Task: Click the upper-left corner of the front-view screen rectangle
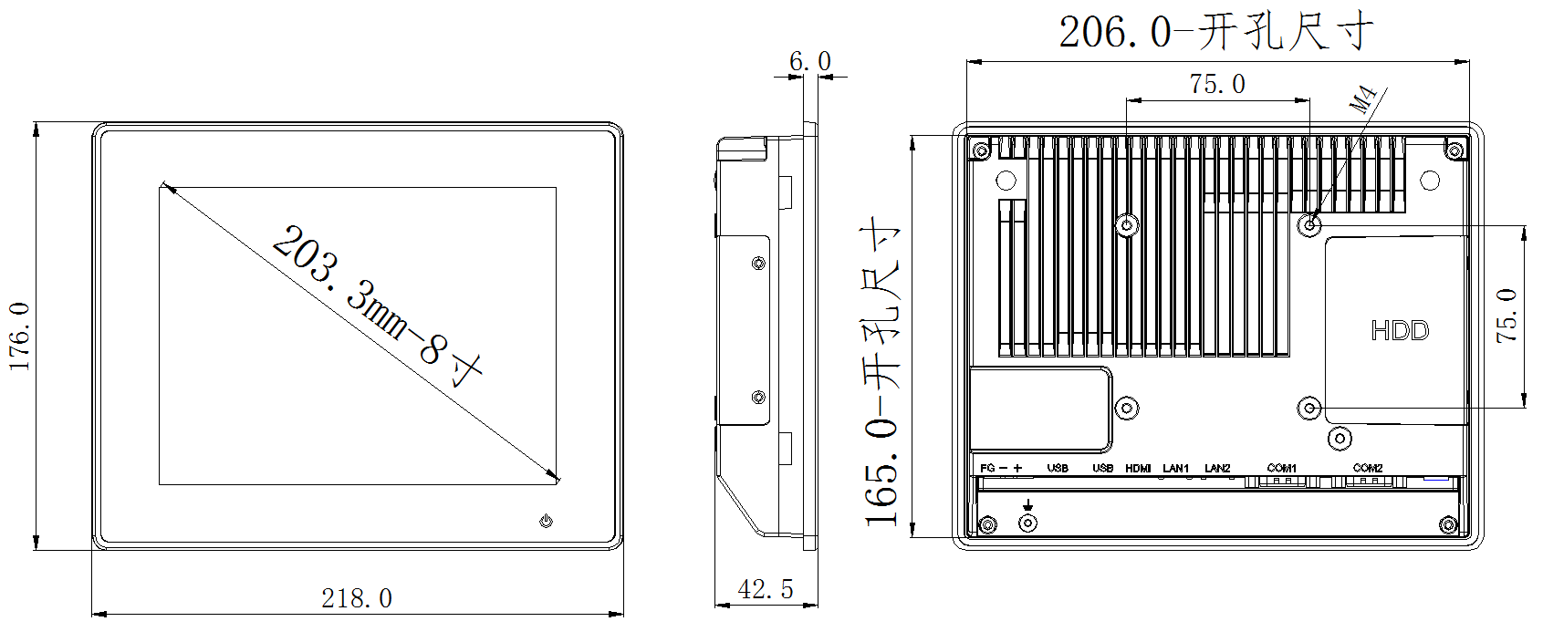point(160,187)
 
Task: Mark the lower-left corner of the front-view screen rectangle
point(160,484)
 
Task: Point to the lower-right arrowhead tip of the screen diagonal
point(558,480)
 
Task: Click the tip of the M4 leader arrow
point(1311,223)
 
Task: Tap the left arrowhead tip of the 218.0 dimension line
point(92,614)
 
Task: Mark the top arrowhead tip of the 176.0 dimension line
point(36,123)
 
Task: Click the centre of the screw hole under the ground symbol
point(1027,523)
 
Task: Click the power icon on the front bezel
point(547,521)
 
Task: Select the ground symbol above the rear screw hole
point(1027,505)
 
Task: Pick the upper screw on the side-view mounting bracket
point(758,263)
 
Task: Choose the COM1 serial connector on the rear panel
point(1282,481)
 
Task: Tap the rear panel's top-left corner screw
point(982,150)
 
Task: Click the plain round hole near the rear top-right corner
point(1430,181)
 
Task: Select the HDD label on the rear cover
point(1400,330)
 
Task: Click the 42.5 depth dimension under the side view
point(766,589)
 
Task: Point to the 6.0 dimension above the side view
point(810,61)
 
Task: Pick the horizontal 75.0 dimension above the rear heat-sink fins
point(1217,84)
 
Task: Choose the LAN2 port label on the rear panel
point(1217,468)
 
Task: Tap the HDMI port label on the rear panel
point(1138,468)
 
